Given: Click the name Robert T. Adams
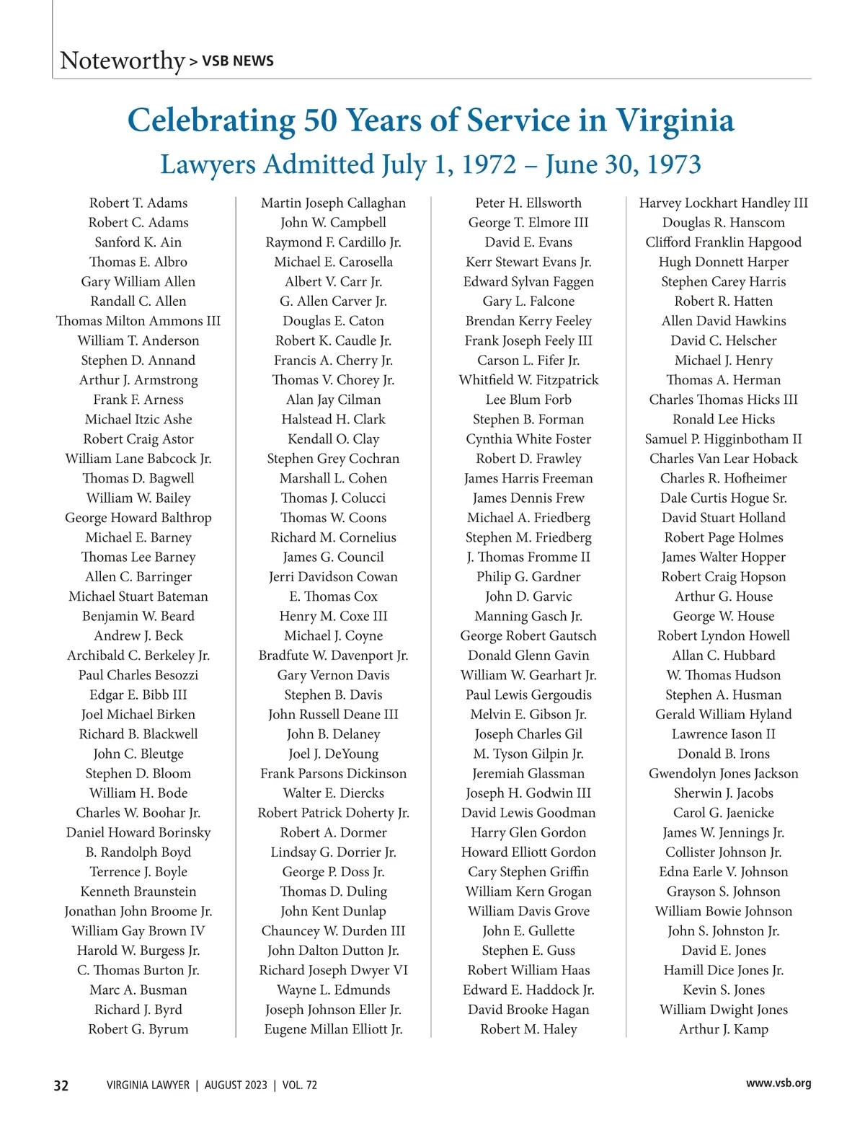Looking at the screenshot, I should coord(138,203).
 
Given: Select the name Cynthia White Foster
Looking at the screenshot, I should coord(528,439).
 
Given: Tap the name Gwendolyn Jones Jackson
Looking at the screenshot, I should coord(723,774).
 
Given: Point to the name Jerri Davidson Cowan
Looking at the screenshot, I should coord(333,577).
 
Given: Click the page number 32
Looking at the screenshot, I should coord(61,1085).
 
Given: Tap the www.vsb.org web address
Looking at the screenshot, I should coord(778,1083).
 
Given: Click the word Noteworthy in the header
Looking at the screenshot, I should coord(123,61).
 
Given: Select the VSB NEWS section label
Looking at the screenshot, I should coord(237,61).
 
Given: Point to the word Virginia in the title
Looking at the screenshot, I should coord(674,120).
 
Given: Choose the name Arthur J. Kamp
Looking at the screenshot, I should coord(723,1030).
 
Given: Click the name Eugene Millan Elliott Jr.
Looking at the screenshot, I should coord(333,1030).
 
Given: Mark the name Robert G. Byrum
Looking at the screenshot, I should coord(138,1030).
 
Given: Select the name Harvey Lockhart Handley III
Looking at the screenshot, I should coord(723,203).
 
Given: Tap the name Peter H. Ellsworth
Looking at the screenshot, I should coord(528,203).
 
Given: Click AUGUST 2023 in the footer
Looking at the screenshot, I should coord(236,1085).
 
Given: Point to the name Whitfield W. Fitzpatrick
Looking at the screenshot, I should coord(528,380).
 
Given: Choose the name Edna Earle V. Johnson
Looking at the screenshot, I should coord(723,872).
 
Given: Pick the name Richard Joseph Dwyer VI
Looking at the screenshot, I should coord(333,971).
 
